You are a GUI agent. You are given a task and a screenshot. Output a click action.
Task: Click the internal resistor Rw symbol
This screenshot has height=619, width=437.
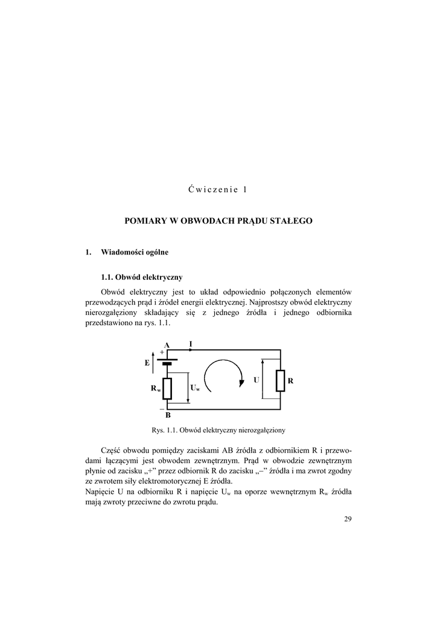167,389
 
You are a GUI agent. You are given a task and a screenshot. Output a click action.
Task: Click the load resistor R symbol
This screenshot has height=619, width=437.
280,381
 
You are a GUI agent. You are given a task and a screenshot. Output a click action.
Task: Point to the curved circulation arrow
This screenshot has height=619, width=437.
225,378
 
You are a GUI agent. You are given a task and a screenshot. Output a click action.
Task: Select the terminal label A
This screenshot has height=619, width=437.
166,345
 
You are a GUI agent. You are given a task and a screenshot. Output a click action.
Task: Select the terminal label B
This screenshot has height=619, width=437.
168,416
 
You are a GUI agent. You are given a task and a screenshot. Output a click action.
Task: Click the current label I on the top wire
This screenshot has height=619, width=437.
191,344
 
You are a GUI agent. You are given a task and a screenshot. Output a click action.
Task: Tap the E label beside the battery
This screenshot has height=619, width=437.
147,363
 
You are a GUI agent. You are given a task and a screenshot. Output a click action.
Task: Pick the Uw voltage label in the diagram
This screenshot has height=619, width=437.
195,388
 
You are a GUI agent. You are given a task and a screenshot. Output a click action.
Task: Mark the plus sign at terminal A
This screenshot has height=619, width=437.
161,352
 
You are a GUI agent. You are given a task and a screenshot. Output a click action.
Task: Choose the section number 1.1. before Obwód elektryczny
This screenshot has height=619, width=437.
107,277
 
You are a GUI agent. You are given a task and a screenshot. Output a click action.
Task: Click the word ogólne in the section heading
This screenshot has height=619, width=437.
156,251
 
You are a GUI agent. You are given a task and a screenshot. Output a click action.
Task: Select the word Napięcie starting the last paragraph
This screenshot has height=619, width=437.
100,492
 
